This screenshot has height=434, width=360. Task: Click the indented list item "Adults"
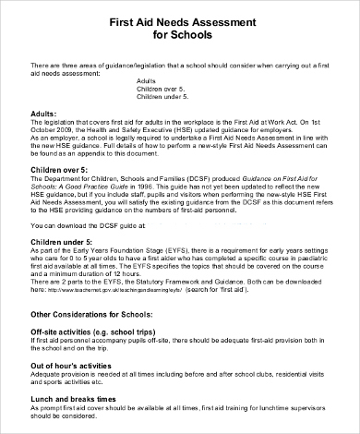click(147, 81)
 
